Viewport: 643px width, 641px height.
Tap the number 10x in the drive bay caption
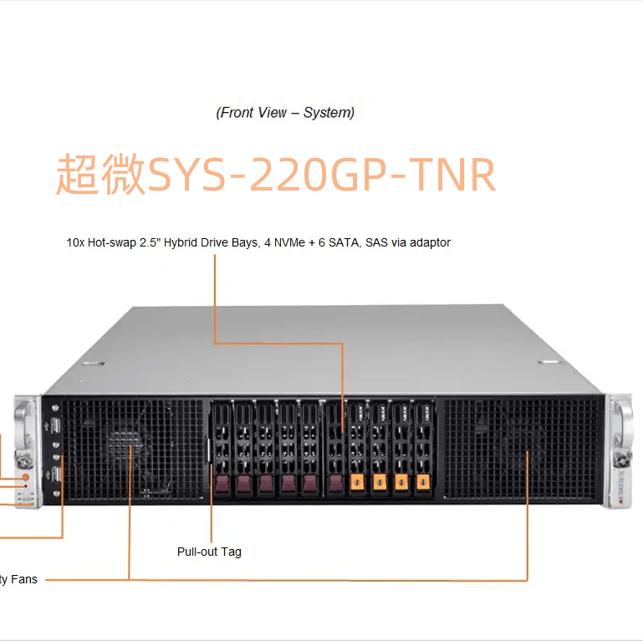[x=75, y=242]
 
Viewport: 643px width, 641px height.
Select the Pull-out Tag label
[x=209, y=552]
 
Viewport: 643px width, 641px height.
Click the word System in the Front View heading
[x=329, y=112]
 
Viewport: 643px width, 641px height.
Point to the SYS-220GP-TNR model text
[x=322, y=175]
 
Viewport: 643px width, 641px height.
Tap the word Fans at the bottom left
[x=23, y=579]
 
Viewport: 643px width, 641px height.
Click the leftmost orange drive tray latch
[x=358, y=481]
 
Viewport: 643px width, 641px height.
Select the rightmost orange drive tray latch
[x=423, y=481]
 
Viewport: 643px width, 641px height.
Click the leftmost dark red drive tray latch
[x=222, y=483]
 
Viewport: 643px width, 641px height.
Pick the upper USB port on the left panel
[x=55, y=425]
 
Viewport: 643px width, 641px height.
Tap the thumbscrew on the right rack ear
[x=621, y=459]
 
